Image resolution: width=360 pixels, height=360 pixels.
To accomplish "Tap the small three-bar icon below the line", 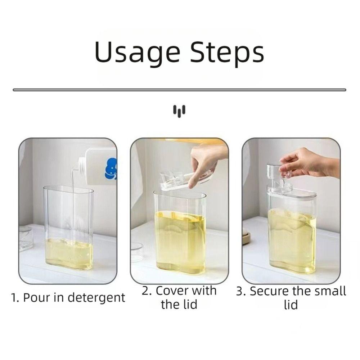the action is pos(179,111).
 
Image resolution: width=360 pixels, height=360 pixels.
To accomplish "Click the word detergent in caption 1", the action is pos(96,297).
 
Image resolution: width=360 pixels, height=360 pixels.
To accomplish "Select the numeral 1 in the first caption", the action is pos(14,298).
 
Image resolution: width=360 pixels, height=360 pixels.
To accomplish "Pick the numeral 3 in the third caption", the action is pos(240,291).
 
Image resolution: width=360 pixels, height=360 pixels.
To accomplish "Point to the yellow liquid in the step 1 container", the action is pos(69,254).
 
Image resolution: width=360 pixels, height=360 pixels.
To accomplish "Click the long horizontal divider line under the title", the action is pos(179,90).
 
